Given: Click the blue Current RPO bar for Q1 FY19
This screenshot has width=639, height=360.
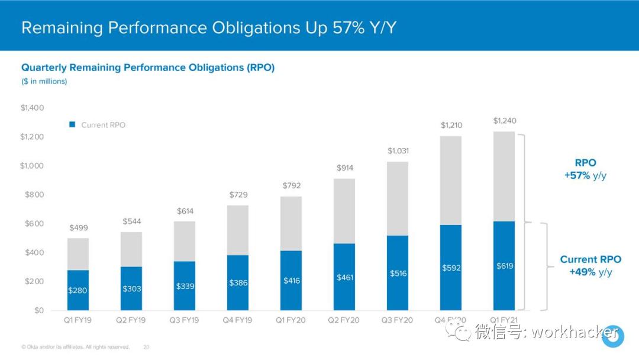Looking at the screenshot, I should [x=78, y=290].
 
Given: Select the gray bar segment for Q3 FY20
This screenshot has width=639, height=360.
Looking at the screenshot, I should [x=398, y=198].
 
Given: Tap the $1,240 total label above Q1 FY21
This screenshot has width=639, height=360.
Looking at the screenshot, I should [x=504, y=121].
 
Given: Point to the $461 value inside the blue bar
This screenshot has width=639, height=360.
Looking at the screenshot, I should [x=344, y=277].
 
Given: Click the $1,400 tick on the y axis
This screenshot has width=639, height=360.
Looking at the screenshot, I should [x=32, y=108].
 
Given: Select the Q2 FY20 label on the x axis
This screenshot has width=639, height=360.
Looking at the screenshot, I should [x=344, y=320].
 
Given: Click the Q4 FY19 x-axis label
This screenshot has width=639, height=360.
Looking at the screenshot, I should [x=237, y=320].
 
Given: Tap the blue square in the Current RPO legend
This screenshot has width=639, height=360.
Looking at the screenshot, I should [x=72, y=125].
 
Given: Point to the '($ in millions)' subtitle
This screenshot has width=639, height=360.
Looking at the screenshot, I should [x=44, y=81].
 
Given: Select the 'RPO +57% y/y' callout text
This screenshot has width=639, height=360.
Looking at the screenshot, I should [x=585, y=169].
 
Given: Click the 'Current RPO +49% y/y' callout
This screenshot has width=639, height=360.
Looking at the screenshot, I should [x=590, y=266].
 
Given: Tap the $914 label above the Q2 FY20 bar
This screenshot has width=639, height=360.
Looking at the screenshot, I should [x=344, y=168].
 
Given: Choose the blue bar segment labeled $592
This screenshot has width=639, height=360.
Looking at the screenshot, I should [x=451, y=268].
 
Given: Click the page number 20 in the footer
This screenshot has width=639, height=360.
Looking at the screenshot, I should [x=146, y=347].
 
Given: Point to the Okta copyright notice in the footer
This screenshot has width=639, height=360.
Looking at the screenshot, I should [x=75, y=347].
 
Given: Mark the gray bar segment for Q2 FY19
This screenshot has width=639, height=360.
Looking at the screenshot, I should [x=131, y=249].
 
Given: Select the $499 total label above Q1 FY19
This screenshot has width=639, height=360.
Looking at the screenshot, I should [x=79, y=228].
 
